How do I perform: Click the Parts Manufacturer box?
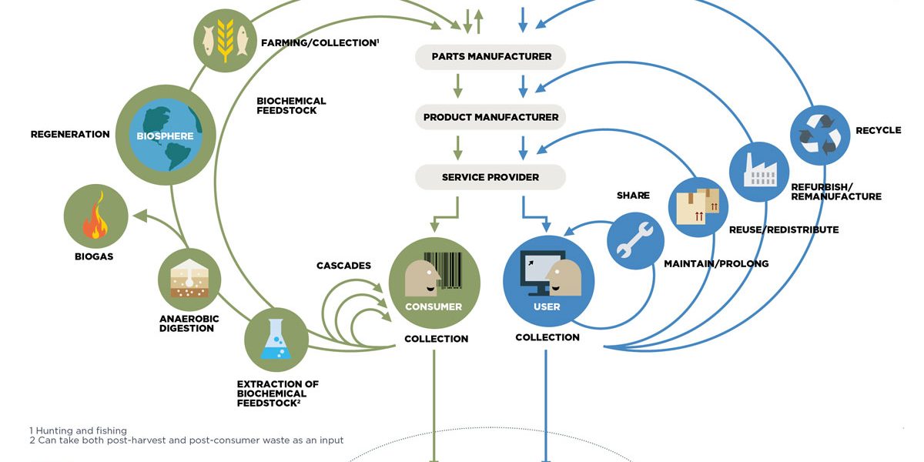click(490, 56)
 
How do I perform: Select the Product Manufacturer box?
click(490, 117)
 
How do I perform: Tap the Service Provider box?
click(490, 177)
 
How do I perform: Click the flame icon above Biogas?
click(95, 216)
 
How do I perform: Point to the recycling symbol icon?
click(820, 135)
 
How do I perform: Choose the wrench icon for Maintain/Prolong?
click(634, 240)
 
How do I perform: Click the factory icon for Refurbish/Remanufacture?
click(760, 170)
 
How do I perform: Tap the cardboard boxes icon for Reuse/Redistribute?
click(698, 206)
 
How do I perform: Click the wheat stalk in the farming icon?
click(225, 40)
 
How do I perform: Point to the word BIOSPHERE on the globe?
click(165, 136)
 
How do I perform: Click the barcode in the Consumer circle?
click(444, 270)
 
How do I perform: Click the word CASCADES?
click(343, 266)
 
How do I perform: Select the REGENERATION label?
click(70, 134)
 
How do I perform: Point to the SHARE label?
click(633, 195)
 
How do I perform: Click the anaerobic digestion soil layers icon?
click(189, 279)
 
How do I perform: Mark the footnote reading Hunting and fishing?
click(79, 430)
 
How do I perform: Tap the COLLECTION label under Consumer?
click(437, 339)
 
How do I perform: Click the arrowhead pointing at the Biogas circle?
click(140, 216)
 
